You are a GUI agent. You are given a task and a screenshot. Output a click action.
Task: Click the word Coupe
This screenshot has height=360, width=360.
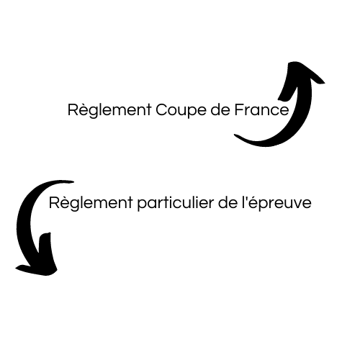click(181, 111)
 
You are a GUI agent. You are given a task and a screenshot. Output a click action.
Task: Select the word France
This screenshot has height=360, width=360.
click(261, 110)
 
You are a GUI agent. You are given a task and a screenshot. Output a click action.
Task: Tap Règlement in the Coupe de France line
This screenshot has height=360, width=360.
click(109, 110)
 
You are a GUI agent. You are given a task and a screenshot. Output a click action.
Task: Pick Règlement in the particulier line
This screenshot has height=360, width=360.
click(91, 203)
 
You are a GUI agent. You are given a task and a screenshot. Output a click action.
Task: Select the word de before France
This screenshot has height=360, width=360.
click(220, 110)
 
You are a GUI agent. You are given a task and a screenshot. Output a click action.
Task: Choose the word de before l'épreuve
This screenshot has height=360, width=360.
click(228, 203)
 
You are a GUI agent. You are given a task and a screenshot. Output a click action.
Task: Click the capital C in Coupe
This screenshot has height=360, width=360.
click(162, 110)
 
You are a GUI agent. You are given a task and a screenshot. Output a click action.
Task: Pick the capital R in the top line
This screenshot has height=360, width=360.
click(73, 110)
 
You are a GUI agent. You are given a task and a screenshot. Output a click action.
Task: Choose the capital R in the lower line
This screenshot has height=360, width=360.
click(54, 203)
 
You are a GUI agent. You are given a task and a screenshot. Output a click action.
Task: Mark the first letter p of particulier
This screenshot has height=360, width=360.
click(143, 205)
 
